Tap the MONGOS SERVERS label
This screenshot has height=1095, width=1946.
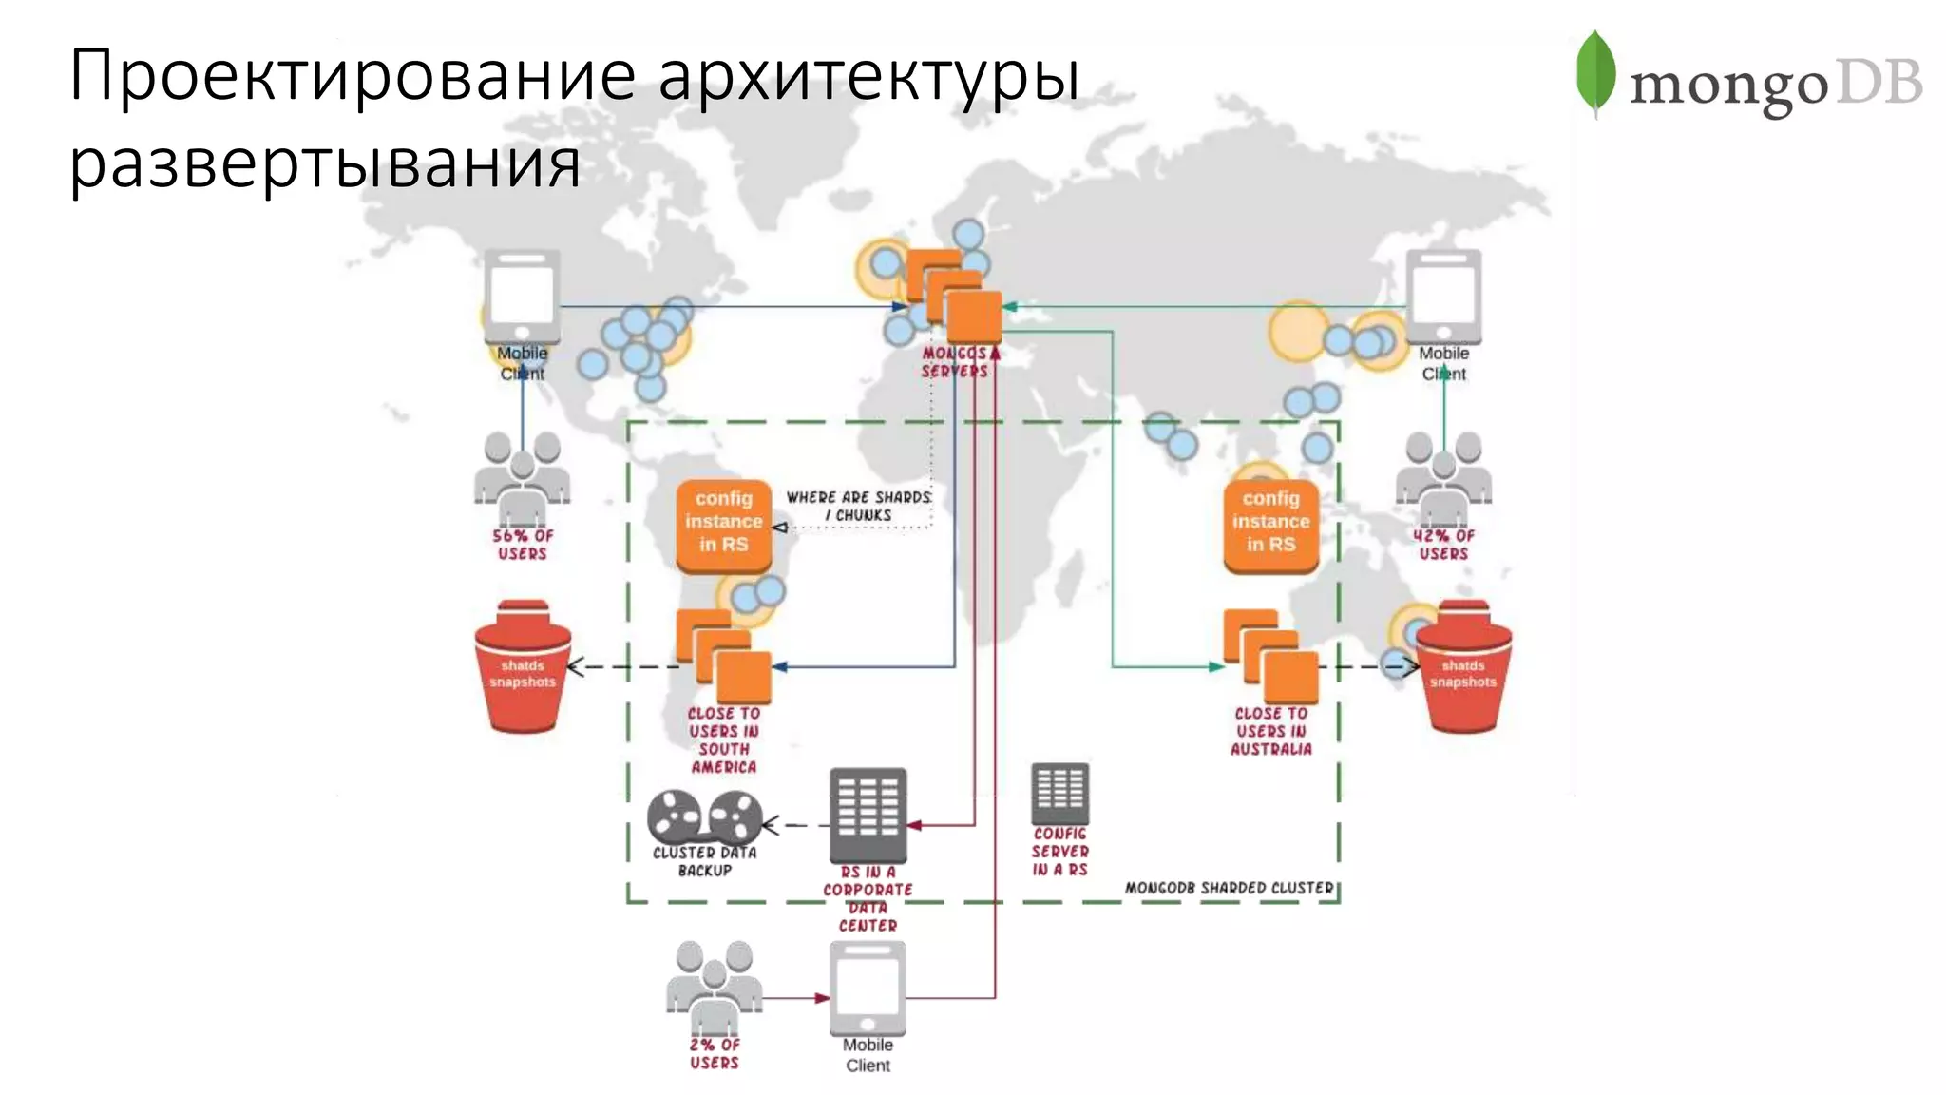(955, 362)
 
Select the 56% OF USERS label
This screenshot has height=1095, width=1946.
(523, 545)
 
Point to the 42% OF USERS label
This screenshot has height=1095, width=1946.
(1443, 545)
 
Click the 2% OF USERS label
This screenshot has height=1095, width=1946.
(715, 1053)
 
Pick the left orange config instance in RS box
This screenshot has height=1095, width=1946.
(724, 524)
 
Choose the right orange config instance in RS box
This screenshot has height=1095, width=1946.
(1271, 524)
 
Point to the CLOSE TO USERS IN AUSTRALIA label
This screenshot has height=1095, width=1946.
(1271, 731)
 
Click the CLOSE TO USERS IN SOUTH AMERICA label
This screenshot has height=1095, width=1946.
(724, 740)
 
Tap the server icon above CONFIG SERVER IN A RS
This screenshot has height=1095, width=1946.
(1059, 793)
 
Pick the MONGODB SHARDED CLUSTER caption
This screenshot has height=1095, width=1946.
(1230, 888)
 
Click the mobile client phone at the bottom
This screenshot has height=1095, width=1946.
(868, 989)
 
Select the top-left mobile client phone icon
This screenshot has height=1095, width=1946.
(522, 297)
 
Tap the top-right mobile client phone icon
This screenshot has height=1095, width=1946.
(1443, 297)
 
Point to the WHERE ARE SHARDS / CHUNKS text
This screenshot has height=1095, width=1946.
(858, 506)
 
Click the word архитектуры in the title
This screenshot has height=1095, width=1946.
(868, 76)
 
